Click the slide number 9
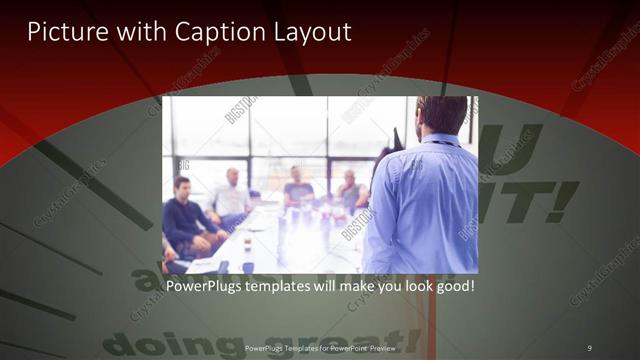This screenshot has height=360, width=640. tap(589, 346)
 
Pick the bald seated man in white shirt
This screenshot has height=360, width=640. tap(232, 195)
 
